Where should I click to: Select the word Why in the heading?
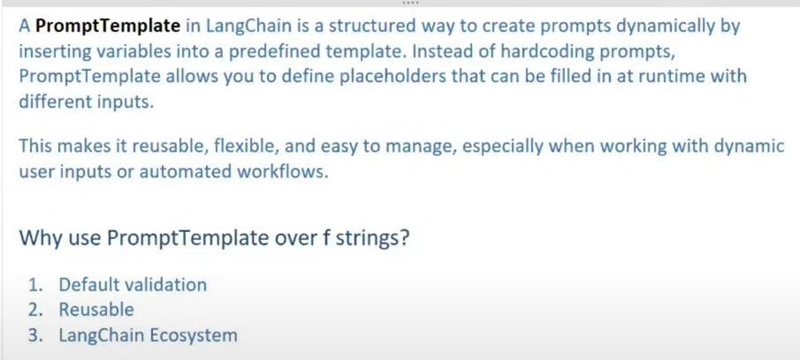40,238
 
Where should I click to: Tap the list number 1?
34,285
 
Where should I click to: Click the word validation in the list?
165,285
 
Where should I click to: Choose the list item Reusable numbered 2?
96,310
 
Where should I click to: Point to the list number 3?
34,335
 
